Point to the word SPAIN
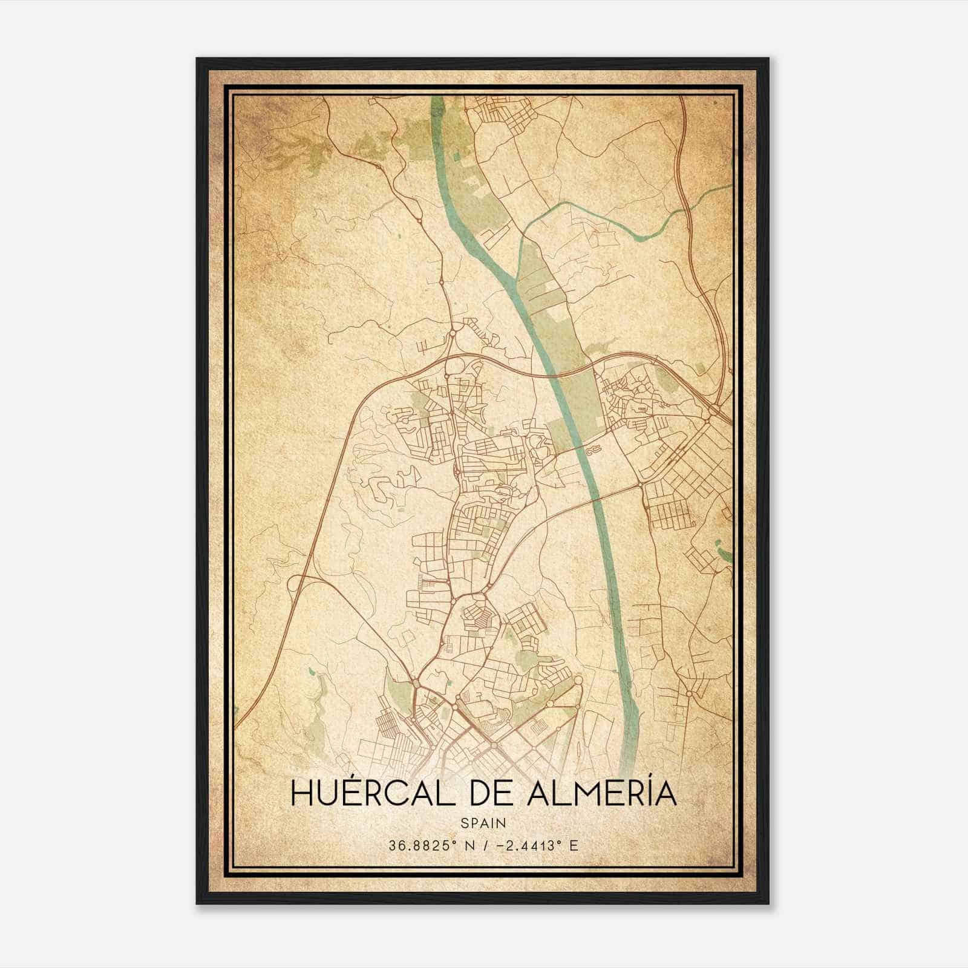click(483, 823)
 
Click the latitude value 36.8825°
click(422, 845)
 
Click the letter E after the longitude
click(573, 845)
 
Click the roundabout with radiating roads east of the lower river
click(689, 694)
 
